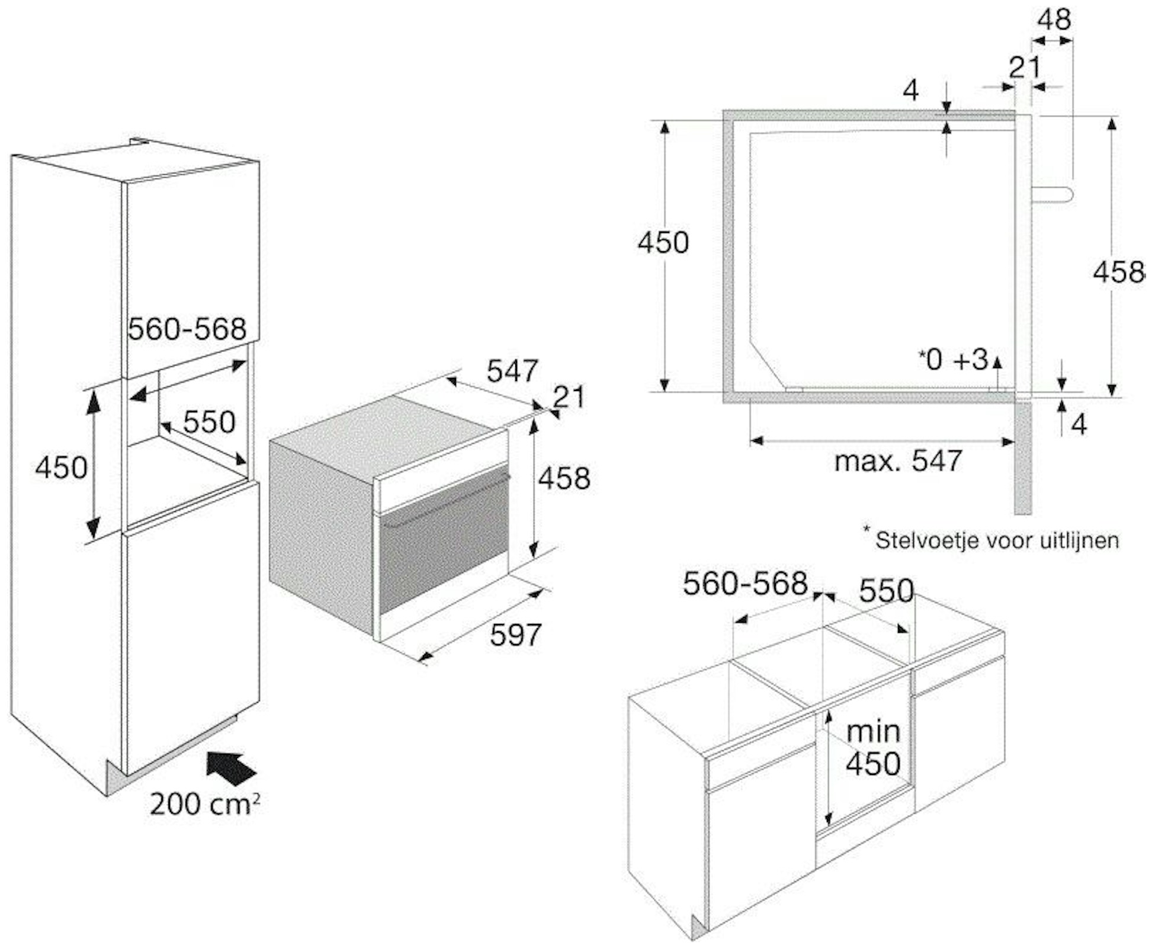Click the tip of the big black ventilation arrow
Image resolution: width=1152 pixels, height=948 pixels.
tap(207, 754)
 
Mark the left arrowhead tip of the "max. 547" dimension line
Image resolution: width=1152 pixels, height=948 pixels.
tap(750, 441)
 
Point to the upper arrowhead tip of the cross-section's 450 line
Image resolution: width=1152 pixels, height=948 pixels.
tap(665, 121)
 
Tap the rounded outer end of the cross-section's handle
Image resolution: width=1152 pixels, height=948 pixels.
tap(1073, 194)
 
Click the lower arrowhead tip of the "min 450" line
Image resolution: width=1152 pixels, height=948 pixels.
tap(829, 825)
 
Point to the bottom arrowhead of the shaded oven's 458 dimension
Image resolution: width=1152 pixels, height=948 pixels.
tap(534, 558)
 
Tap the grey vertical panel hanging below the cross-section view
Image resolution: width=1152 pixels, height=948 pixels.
tap(1023, 458)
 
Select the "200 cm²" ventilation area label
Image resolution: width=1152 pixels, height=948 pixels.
tap(204, 804)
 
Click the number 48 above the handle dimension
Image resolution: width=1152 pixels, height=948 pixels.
tap(1054, 20)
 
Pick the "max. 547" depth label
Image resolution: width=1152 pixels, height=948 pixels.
tap(898, 460)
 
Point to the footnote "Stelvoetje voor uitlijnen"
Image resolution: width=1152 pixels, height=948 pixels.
tap(997, 540)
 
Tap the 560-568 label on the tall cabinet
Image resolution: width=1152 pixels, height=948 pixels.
tap(187, 329)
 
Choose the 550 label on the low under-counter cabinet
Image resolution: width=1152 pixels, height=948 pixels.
tap(886, 591)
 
